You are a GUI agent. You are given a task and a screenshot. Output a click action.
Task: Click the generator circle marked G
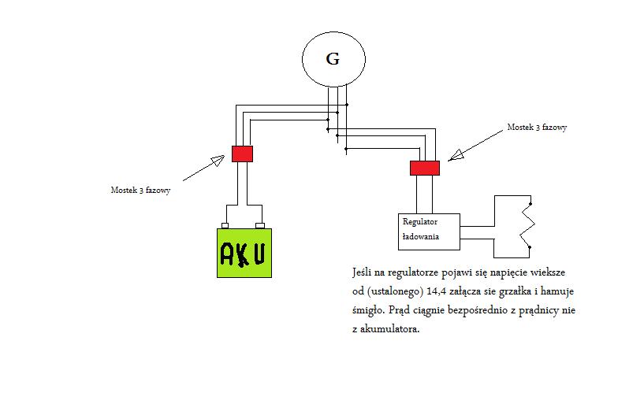pyautogui.click(x=333, y=59)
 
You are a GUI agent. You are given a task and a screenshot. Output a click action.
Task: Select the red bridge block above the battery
pyautogui.click(x=242, y=154)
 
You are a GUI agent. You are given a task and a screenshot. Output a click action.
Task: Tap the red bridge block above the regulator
pyautogui.click(x=424, y=167)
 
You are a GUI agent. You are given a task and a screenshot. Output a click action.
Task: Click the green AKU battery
pyautogui.click(x=244, y=253)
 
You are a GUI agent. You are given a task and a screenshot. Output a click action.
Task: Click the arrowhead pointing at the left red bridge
pyautogui.click(x=217, y=161)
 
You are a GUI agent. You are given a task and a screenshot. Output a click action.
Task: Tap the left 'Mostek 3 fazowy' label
pyautogui.click(x=140, y=190)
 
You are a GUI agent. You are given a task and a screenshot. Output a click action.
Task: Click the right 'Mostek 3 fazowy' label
pyautogui.click(x=537, y=127)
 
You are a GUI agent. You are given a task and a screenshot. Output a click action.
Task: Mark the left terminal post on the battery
pyautogui.click(x=225, y=225)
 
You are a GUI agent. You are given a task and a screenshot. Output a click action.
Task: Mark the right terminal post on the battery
pyautogui.click(x=259, y=225)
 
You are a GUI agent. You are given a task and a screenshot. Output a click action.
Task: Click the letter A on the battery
pyautogui.click(x=227, y=253)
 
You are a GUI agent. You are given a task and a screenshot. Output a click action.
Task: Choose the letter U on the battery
pyautogui.click(x=259, y=254)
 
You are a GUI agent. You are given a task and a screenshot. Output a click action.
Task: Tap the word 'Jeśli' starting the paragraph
pyautogui.click(x=363, y=272)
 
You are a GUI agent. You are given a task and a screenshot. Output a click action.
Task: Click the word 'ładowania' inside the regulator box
pyautogui.click(x=420, y=236)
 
